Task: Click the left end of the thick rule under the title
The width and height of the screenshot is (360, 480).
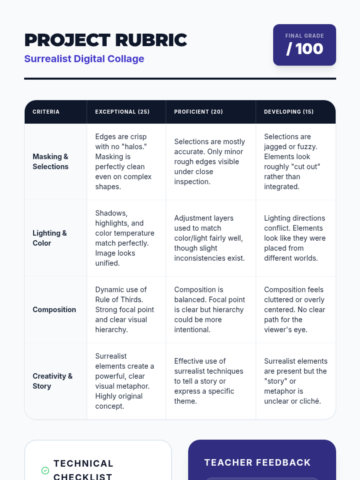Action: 24,79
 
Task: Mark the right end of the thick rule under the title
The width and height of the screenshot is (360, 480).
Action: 336,79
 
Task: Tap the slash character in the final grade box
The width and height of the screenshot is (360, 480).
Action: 289,49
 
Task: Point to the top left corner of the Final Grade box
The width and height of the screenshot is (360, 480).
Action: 273,24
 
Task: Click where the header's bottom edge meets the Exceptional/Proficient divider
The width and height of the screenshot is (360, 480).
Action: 166,124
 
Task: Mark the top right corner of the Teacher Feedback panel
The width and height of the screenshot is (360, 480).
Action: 336,440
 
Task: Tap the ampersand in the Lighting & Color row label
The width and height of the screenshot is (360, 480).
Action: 64,233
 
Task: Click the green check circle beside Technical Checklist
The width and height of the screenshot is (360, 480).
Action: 45,470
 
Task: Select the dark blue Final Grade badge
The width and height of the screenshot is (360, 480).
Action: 305,45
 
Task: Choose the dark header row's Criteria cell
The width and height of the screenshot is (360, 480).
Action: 56,112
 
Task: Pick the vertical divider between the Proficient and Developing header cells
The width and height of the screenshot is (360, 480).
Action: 256,112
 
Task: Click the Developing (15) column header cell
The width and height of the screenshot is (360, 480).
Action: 296,112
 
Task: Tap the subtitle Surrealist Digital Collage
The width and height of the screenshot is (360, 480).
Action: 84,58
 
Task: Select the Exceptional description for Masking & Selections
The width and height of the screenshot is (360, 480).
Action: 124,162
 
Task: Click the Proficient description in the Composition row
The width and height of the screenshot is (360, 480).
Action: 210,310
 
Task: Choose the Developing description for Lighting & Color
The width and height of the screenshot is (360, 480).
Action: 295,238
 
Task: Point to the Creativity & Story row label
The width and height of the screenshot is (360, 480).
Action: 52,381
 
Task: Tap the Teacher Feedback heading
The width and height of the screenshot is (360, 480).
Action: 257,463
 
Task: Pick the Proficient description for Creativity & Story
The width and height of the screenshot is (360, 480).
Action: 209,381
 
